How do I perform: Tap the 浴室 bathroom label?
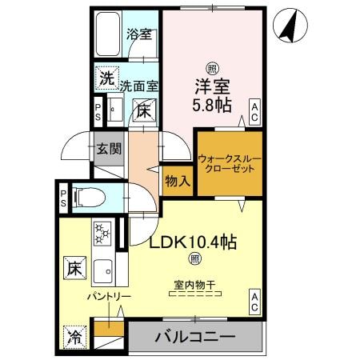tap(140, 35)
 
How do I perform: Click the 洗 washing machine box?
tap(106, 78)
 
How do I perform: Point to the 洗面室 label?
tap(139, 84)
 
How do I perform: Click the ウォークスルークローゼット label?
tap(230, 164)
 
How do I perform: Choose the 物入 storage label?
tap(178, 180)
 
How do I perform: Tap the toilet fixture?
tap(90, 196)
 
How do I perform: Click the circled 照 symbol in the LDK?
tap(194, 258)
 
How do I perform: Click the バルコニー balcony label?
tap(194, 336)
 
